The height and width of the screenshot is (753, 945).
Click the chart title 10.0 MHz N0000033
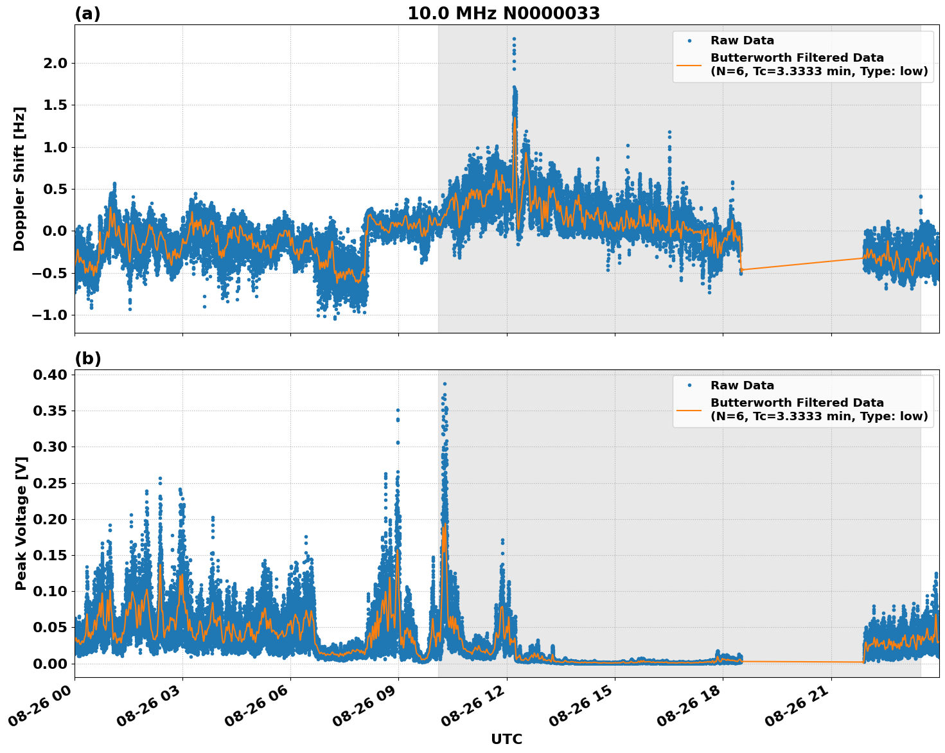click(x=504, y=13)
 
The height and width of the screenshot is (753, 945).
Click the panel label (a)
click(x=87, y=13)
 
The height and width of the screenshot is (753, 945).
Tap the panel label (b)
click(x=87, y=359)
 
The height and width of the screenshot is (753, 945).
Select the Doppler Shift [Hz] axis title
click(x=19, y=179)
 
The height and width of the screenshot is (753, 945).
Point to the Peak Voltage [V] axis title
click(x=21, y=523)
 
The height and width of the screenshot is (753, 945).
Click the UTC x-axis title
click(x=506, y=739)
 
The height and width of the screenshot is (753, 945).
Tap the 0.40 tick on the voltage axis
click(x=49, y=375)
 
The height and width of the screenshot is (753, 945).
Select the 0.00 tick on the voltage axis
click(x=49, y=663)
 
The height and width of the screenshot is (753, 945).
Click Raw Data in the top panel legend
click(x=742, y=41)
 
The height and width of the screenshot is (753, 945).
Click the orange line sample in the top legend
click(x=689, y=65)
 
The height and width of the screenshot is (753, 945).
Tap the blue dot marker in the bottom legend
click(x=689, y=385)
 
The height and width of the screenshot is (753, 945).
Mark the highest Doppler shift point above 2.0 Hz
click(x=514, y=39)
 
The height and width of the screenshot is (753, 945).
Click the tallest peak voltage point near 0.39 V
click(x=444, y=384)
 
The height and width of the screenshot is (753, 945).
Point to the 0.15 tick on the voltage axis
click(x=49, y=555)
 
